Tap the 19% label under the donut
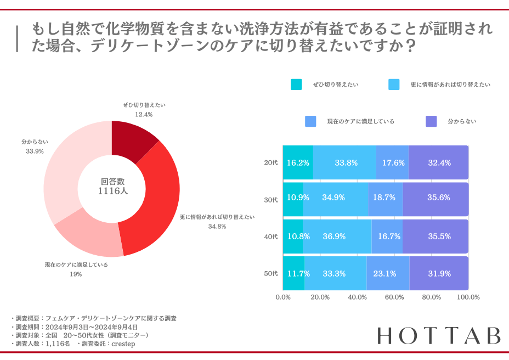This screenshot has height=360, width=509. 76,274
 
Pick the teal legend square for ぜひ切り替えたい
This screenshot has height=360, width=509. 296,85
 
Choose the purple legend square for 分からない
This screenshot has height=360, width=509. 431,121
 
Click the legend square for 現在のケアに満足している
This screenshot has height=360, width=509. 310,121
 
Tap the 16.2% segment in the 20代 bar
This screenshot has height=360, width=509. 298,162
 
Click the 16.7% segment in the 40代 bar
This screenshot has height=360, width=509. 387,237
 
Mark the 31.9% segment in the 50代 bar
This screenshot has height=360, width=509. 439,273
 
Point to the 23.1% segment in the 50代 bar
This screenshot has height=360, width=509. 388,273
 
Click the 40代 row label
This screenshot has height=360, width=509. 271,237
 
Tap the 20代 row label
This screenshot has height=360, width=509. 271,162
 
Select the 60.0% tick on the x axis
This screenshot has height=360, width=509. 394,297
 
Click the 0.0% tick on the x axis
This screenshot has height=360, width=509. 282,297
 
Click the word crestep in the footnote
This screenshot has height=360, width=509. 123,344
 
